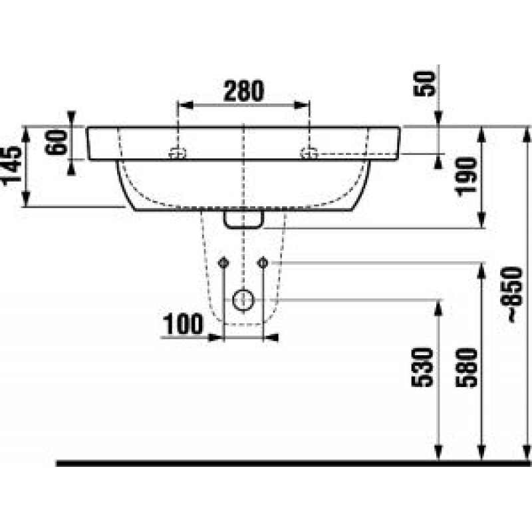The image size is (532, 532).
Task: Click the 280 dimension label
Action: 243,91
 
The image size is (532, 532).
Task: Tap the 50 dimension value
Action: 424,84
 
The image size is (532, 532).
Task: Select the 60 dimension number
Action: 57,142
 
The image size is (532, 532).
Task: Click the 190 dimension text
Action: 466,177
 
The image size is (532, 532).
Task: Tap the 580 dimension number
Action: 466,368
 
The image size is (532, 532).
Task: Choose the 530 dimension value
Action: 422,368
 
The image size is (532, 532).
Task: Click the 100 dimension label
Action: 184,325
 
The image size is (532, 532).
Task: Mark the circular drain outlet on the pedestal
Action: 243,300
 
